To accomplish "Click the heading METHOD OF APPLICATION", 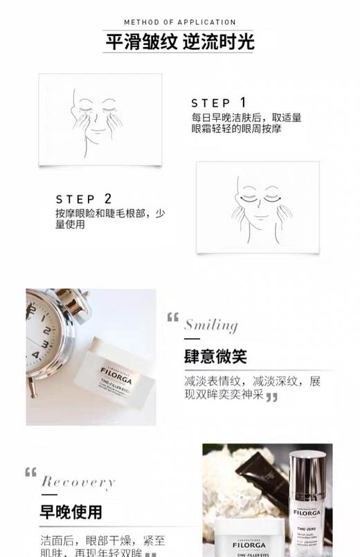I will [180, 22].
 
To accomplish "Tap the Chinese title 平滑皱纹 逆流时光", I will [180, 42].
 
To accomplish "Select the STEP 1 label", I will [219, 103].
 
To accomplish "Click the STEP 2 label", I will [84, 200].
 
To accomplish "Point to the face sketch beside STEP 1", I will [100, 119].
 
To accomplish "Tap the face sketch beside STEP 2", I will [258, 206].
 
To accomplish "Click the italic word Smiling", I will [210, 325].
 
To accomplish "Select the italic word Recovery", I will [78, 482].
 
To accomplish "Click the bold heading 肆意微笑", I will [215, 357].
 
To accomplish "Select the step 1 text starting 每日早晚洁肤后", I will [246, 123].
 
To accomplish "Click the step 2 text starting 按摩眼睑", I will [110, 219].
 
